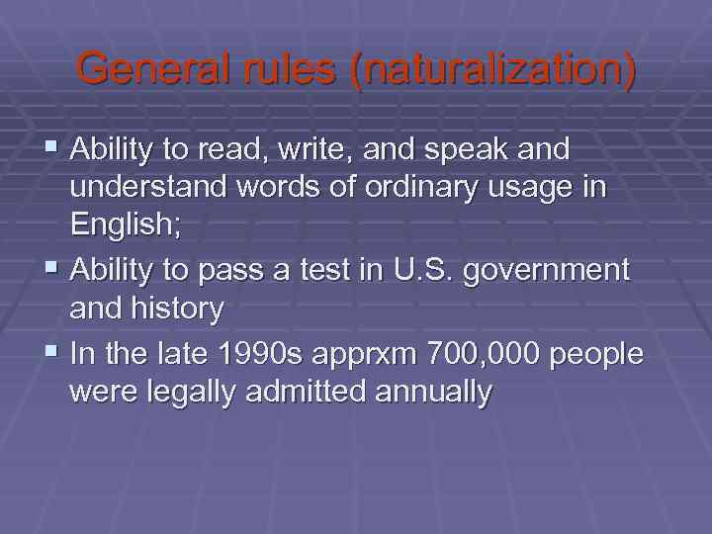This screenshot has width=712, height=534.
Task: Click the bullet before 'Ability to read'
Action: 52,150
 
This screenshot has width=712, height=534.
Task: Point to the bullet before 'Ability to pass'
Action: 52,269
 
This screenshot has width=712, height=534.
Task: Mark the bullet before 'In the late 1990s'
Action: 52,353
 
